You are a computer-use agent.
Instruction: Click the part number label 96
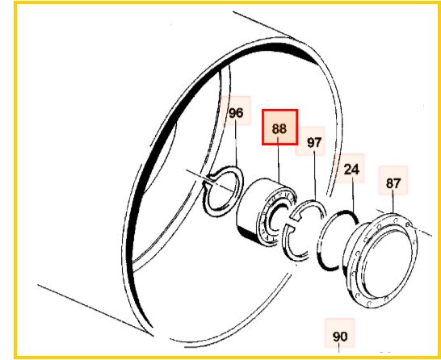pos(236,113)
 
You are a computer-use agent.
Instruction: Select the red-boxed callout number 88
pos(279,128)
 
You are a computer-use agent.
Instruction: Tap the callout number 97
pos(314,143)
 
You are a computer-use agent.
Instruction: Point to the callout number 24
pos(351,170)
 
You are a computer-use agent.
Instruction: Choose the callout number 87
pos(393,183)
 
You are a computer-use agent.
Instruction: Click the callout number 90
pos(340,337)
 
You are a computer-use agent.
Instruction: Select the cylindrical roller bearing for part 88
pos(266,211)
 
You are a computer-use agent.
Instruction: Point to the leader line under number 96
pos(236,144)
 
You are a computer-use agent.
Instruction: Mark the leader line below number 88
pos(279,159)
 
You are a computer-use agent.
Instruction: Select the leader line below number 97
pos(315,175)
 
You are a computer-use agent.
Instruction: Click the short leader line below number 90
pos(338,348)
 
